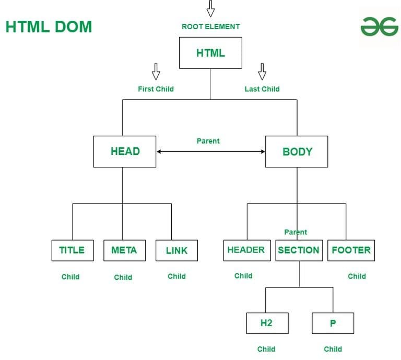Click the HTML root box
tap(210, 53)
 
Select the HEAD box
tap(125, 151)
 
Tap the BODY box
tap(297, 151)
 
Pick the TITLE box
tap(73, 250)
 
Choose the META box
tap(125, 250)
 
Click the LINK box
tap(176, 250)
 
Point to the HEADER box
tap(247, 250)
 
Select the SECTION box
tap(299, 250)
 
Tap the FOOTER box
tap(351, 250)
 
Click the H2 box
tap(267, 323)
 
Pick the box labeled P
tap(333, 323)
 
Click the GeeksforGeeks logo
tap(380, 27)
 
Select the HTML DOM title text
tap(49, 27)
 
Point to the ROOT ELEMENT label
tap(211, 27)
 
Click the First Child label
tap(156, 89)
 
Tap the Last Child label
tap(262, 89)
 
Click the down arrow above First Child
tap(156, 71)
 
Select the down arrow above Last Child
tap(262, 71)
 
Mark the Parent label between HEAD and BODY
tap(208, 141)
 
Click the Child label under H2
tap(266, 349)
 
